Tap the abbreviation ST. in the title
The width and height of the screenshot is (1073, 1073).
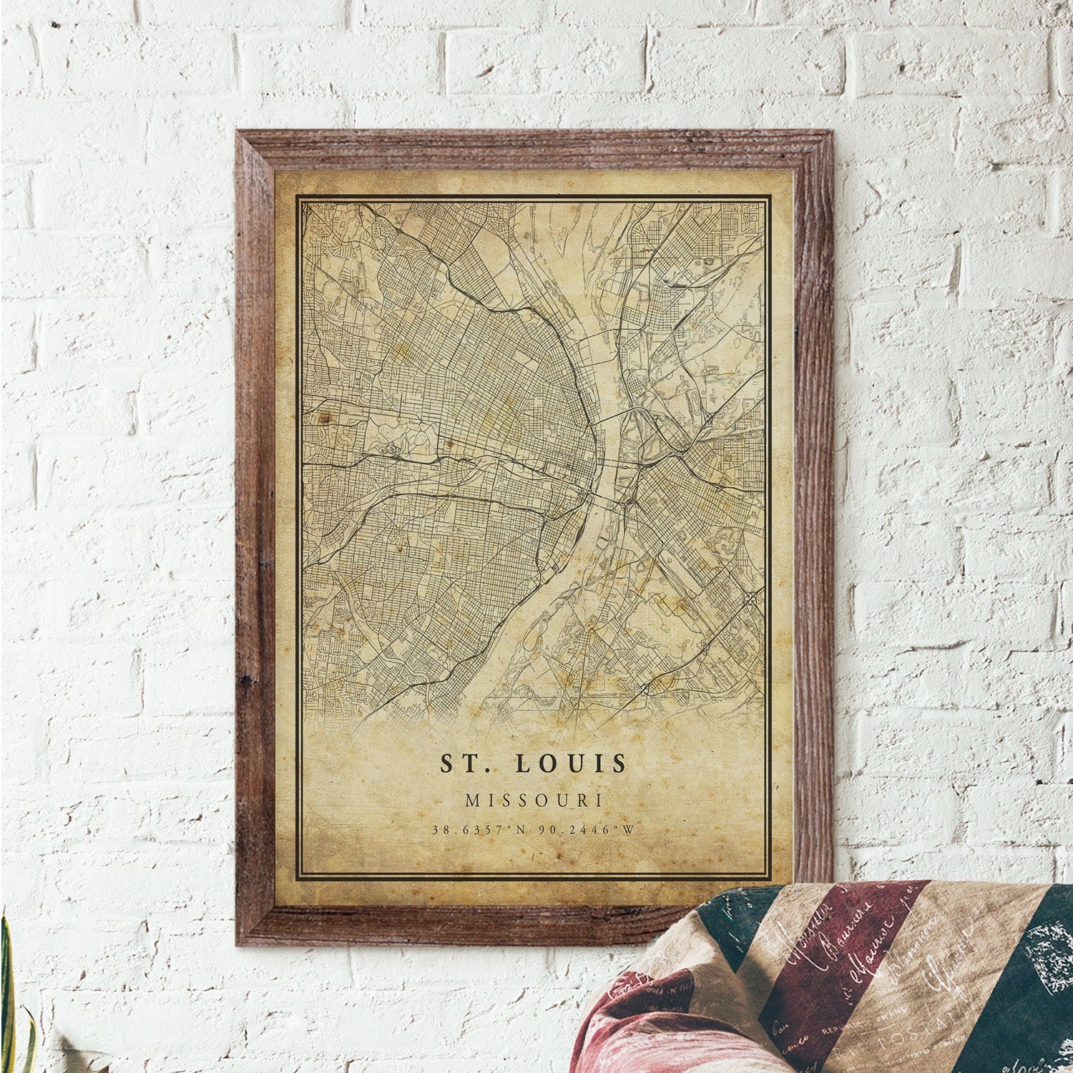(x=466, y=763)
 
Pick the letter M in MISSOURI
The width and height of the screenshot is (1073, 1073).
(x=472, y=800)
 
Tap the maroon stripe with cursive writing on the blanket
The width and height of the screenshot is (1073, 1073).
(x=801, y=987)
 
